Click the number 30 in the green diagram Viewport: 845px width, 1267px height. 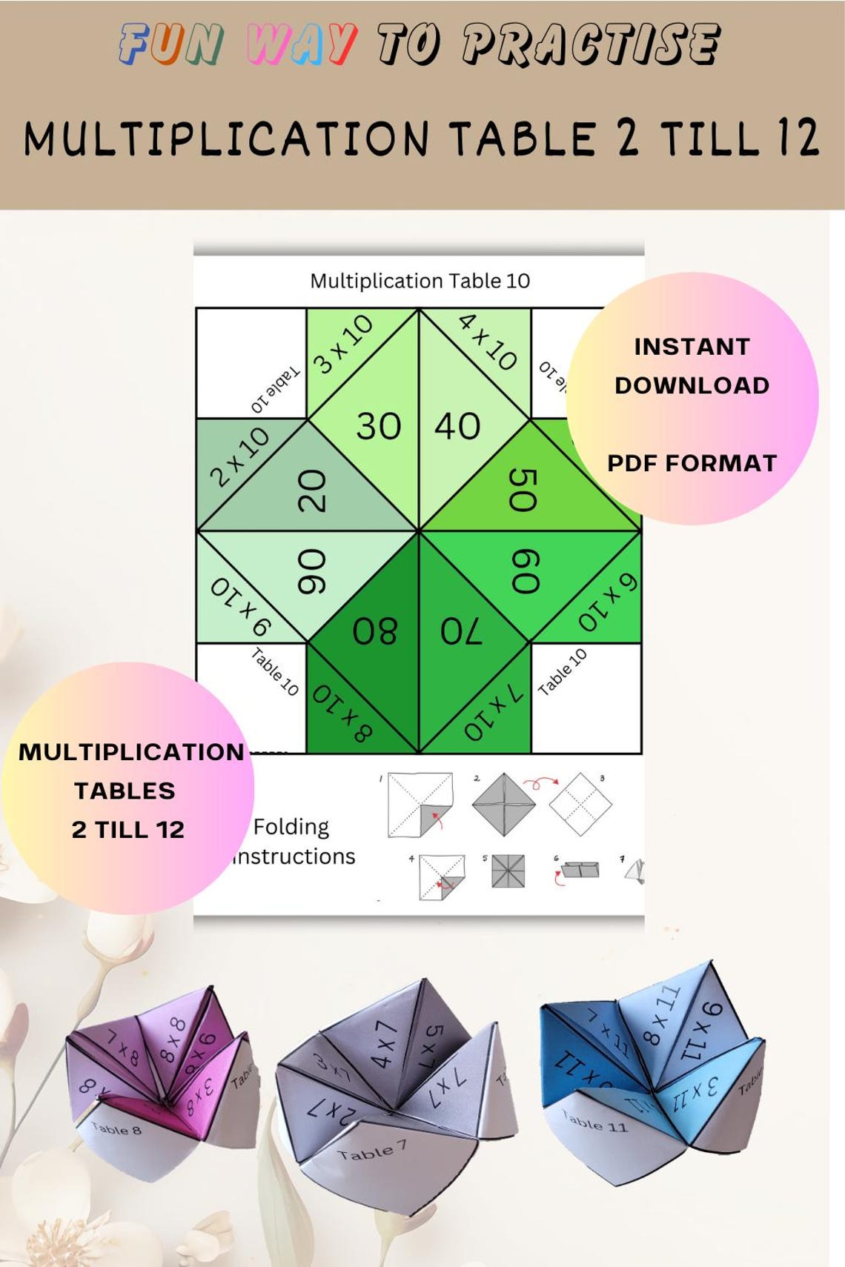pyautogui.click(x=378, y=426)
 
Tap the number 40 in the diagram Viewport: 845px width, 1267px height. pyautogui.click(x=457, y=426)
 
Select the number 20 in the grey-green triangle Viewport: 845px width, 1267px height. pyautogui.click(x=312, y=490)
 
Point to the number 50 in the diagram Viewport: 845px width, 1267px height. pyautogui.click(x=523, y=490)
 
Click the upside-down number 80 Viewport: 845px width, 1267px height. pyautogui.click(x=375, y=631)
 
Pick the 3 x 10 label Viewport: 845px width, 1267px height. pyautogui.click(x=343, y=344)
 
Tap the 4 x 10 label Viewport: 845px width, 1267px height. pyautogui.click(x=488, y=342)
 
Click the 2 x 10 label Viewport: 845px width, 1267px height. pyautogui.click(x=239, y=456)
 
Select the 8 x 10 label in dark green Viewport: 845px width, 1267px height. pyautogui.click(x=342, y=713)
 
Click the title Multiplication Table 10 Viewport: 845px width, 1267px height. pyautogui.click(x=420, y=281)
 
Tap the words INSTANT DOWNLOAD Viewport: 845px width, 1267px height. pyautogui.click(x=692, y=366)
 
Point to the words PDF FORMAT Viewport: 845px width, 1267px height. pyautogui.click(x=692, y=463)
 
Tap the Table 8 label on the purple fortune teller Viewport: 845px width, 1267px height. pyautogui.click(x=116, y=1128)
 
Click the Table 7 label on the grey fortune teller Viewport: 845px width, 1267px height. pyautogui.click(x=372, y=1150)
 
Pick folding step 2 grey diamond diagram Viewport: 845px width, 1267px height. pyautogui.click(x=504, y=804)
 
